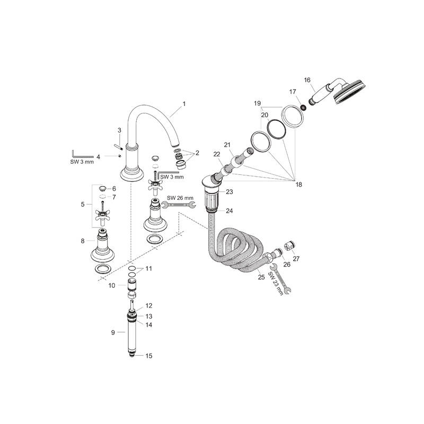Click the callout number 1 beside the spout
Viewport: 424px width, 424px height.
coord(184,104)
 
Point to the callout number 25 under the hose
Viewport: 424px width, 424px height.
coord(261,277)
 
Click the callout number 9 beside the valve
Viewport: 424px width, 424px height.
coord(112,332)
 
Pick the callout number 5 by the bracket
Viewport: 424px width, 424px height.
coord(83,204)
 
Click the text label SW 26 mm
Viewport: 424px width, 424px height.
coord(179,198)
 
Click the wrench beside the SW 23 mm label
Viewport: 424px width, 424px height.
coord(282,282)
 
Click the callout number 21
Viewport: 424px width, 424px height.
coord(227,145)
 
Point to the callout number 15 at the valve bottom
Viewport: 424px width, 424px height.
coord(149,356)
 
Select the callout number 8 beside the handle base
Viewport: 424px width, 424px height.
coord(83,241)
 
